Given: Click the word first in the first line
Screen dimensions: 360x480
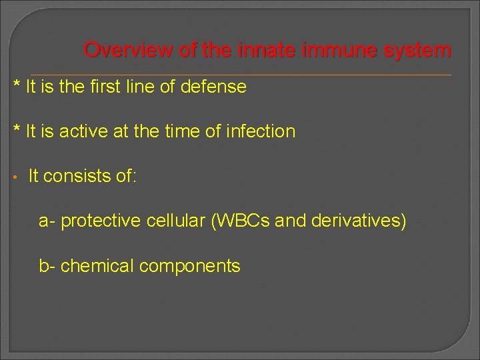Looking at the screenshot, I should tap(108, 87).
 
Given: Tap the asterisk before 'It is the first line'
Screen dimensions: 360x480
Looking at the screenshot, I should tap(17, 85).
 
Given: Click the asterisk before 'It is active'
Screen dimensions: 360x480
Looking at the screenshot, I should tap(17, 130).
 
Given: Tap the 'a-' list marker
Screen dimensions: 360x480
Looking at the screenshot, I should tap(47, 221).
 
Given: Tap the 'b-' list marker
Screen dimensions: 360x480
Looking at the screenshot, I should tap(47, 266).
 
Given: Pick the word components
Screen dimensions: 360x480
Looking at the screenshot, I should tap(190, 267).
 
